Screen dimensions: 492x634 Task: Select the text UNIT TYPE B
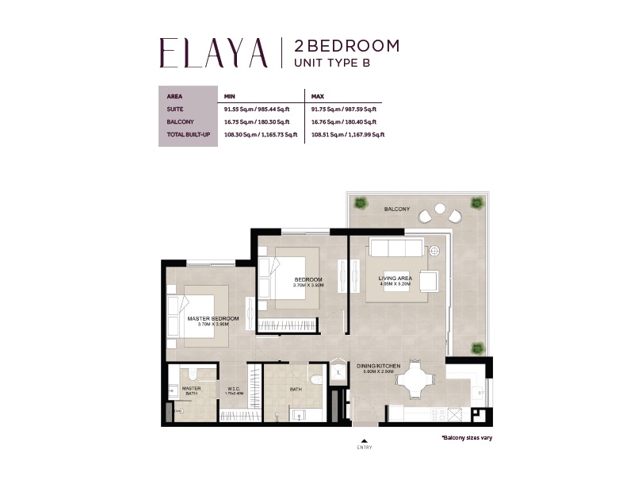click(332, 63)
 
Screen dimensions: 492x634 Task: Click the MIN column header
click(230, 96)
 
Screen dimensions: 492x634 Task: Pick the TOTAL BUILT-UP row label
click(187, 135)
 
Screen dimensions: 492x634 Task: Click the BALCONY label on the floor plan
click(397, 209)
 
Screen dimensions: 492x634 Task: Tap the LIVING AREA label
click(395, 278)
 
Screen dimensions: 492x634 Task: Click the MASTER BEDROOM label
click(212, 318)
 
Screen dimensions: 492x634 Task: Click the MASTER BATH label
click(191, 390)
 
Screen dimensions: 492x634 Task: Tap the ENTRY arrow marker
click(365, 440)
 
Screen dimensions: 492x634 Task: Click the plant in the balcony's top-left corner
click(361, 202)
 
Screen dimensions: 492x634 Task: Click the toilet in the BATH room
click(317, 379)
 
